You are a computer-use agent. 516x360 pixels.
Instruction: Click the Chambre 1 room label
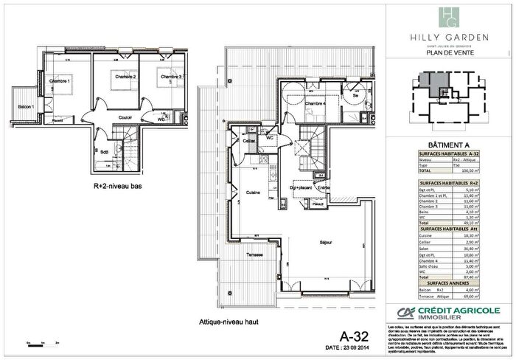pos(59,80)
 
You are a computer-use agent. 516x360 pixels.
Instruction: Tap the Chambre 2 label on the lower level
pos(125,77)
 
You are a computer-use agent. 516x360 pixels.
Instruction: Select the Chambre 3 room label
pos(172,77)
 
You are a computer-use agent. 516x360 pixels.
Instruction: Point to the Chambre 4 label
pos(315,103)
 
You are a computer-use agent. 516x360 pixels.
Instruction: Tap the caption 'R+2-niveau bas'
pos(118,186)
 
